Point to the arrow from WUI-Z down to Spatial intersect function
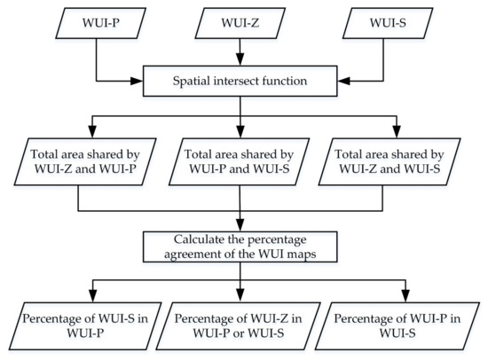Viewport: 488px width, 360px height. pyautogui.click(x=240, y=53)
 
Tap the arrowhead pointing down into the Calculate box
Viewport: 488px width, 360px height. pyautogui.click(x=240, y=224)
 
